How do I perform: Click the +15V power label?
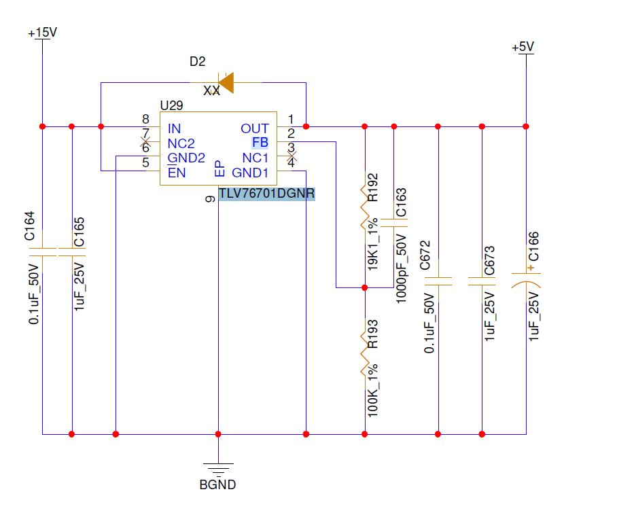tap(42, 33)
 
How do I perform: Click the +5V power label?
tap(523, 47)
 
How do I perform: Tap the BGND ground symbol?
tap(218, 469)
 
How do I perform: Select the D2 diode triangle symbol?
tap(226, 82)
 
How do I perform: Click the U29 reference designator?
tap(171, 105)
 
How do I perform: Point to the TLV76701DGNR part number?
tap(266, 194)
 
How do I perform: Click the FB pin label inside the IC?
tap(260, 142)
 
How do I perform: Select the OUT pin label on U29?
tap(255, 128)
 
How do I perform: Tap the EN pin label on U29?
tap(177, 173)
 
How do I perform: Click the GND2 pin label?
tap(186, 158)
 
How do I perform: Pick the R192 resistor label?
tap(372, 187)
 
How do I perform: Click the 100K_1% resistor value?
tap(372, 391)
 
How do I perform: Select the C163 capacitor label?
tap(401, 202)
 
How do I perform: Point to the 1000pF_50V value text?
tap(401, 268)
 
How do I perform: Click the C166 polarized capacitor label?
tap(533, 246)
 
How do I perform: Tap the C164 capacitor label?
tap(29, 226)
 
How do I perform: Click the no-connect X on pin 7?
tap(145, 142)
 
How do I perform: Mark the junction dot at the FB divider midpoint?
tap(365, 288)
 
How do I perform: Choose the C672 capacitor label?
tap(425, 255)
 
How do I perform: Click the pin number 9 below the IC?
tap(210, 199)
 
